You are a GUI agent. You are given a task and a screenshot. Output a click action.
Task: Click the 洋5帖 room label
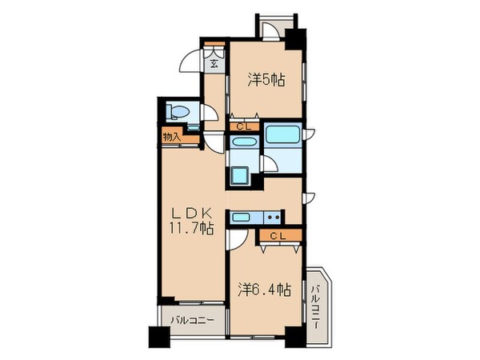click(266, 79)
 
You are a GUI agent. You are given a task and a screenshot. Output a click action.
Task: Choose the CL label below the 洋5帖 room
click(243, 126)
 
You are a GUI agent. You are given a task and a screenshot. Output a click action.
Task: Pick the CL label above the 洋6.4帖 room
click(278, 235)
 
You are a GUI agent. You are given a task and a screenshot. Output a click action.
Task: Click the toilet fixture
click(177, 112)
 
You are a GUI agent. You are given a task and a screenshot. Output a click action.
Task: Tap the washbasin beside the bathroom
click(242, 142)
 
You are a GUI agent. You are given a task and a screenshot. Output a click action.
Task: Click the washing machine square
click(240, 176)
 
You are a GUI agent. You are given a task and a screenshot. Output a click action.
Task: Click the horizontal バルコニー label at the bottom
click(190, 320)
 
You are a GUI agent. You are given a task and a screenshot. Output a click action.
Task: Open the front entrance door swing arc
click(190, 64)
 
